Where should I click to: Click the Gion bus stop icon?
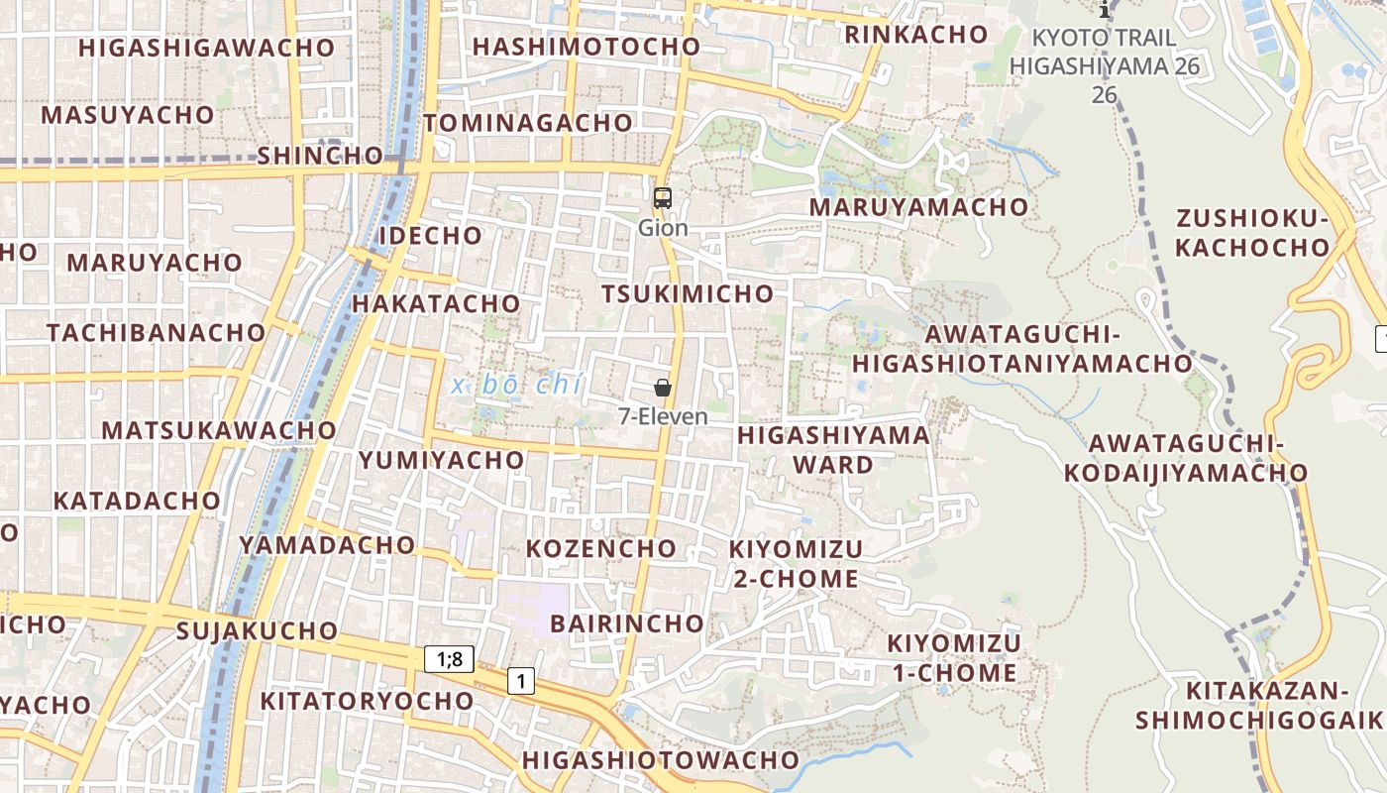663,198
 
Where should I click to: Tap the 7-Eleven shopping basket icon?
663,388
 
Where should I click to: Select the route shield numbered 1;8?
450,658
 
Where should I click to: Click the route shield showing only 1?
521,681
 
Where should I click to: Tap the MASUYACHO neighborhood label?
128,115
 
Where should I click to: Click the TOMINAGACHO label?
528,123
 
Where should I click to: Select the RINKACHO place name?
916,35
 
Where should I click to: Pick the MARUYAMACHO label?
919,207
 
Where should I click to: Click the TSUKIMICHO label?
688,293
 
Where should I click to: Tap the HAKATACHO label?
436,303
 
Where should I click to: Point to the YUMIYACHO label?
442,460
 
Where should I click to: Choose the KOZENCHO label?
601,548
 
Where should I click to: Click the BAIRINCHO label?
627,623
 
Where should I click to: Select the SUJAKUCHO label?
258,630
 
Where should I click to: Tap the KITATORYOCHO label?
367,701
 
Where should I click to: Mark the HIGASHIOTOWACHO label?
661,760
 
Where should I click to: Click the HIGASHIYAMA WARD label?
834,449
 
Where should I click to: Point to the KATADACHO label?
137,501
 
